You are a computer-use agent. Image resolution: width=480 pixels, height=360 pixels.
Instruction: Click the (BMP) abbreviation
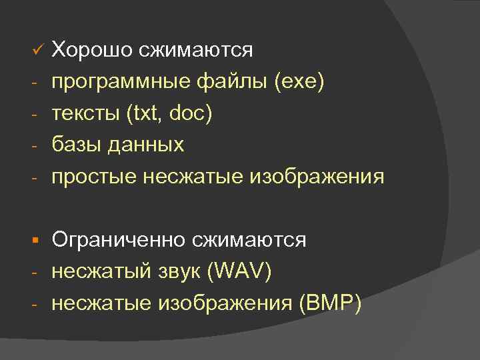click(x=331, y=304)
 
